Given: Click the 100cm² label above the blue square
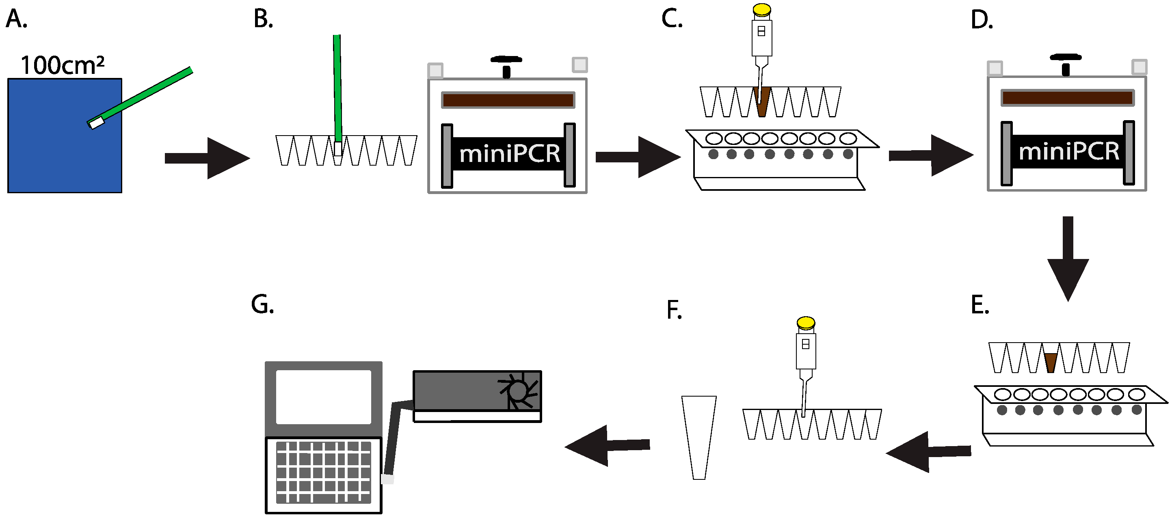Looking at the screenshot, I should [x=62, y=65].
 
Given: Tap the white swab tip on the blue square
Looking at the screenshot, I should [x=96, y=123].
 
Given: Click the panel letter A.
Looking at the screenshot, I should [x=16, y=19].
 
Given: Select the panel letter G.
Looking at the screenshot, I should [x=262, y=304].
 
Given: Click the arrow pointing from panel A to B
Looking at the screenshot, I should [x=207, y=158].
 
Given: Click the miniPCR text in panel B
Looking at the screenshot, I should [x=509, y=154].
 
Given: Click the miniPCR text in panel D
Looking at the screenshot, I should [x=1068, y=151].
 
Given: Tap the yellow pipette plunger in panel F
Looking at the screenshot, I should [x=806, y=323].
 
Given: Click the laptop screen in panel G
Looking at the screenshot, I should [x=324, y=397].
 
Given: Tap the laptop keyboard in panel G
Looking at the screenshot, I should [x=324, y=472].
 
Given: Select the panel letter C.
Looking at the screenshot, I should [x=672, y=19].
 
